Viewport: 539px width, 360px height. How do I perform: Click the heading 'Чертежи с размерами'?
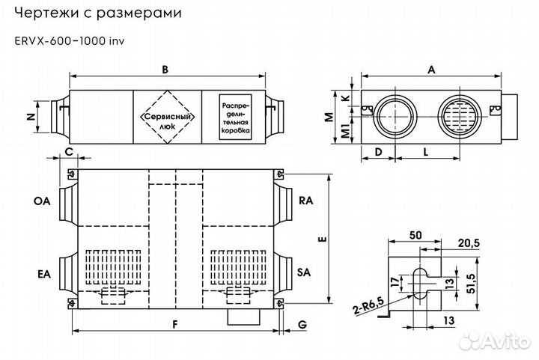109,14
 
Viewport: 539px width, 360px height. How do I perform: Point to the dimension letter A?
431,69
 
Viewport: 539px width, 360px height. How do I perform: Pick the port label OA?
41,201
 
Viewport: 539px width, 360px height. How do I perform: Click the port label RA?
305,201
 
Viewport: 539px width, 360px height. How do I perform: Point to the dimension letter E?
320,240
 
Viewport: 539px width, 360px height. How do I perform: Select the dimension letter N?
31,116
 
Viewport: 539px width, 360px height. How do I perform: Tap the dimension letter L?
424,151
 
